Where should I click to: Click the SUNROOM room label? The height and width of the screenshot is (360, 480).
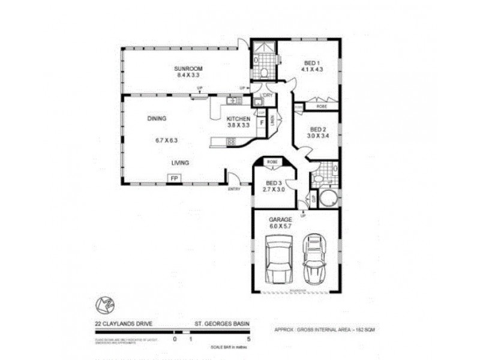[x=187, y=68]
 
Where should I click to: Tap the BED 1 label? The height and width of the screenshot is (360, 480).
[x=312, y=63]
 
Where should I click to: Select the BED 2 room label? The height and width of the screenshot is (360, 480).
[x=318, y=129]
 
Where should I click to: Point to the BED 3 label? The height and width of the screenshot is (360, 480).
[x=274, y=182]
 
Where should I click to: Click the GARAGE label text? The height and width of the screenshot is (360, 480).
[x=280, y=220]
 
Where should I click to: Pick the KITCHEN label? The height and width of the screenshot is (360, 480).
[x=238, y=119]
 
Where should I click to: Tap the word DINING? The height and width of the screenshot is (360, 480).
[x=157, y=118]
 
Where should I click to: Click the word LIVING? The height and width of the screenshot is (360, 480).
[x=181, y=163]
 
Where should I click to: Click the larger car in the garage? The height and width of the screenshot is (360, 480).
[x=278, y=259]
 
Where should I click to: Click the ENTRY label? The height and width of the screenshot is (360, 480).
[x=233, y=190]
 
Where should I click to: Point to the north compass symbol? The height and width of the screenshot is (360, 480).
[x=104, y=305]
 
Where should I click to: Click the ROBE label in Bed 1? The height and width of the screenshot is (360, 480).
[x=323, y=106]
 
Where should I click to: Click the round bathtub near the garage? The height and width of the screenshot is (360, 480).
[x=328, y=198]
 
